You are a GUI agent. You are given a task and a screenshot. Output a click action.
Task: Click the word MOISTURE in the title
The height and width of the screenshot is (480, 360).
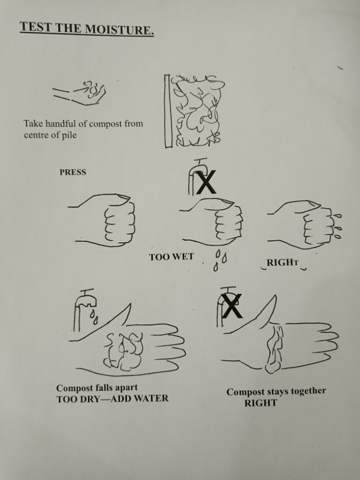[x=119, y=30]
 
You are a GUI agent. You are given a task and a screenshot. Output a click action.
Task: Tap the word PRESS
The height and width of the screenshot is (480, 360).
[x=73, y=172]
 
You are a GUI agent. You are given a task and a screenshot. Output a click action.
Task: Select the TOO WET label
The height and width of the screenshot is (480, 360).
[x=172, y=257]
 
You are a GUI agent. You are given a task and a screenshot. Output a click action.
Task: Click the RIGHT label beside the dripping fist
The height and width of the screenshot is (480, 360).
[x=282, y=262]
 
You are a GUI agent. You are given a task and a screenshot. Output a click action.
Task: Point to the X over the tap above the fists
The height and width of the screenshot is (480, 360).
[x=206, y=182]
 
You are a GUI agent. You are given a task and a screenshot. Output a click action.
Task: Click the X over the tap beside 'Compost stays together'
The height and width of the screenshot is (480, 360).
[x=232, y=306]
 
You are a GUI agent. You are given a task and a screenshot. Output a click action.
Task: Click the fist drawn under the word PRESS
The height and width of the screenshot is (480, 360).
[x=103, y=220]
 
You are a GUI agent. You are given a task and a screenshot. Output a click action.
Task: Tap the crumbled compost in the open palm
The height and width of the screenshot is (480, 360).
[x=124, y=351]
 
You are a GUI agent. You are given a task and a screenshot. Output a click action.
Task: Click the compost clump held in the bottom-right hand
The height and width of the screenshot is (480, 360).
[x=274, y=349]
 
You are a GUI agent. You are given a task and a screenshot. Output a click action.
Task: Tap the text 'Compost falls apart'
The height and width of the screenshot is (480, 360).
[x=97, y=388]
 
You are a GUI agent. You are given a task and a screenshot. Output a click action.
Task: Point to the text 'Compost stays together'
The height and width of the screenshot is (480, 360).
[x=276, y=391]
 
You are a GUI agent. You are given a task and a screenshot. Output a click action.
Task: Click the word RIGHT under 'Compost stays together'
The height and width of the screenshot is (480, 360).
[x=261, y=403]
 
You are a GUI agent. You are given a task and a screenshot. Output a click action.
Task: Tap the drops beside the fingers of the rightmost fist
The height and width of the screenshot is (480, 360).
[x=337, y=226]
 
